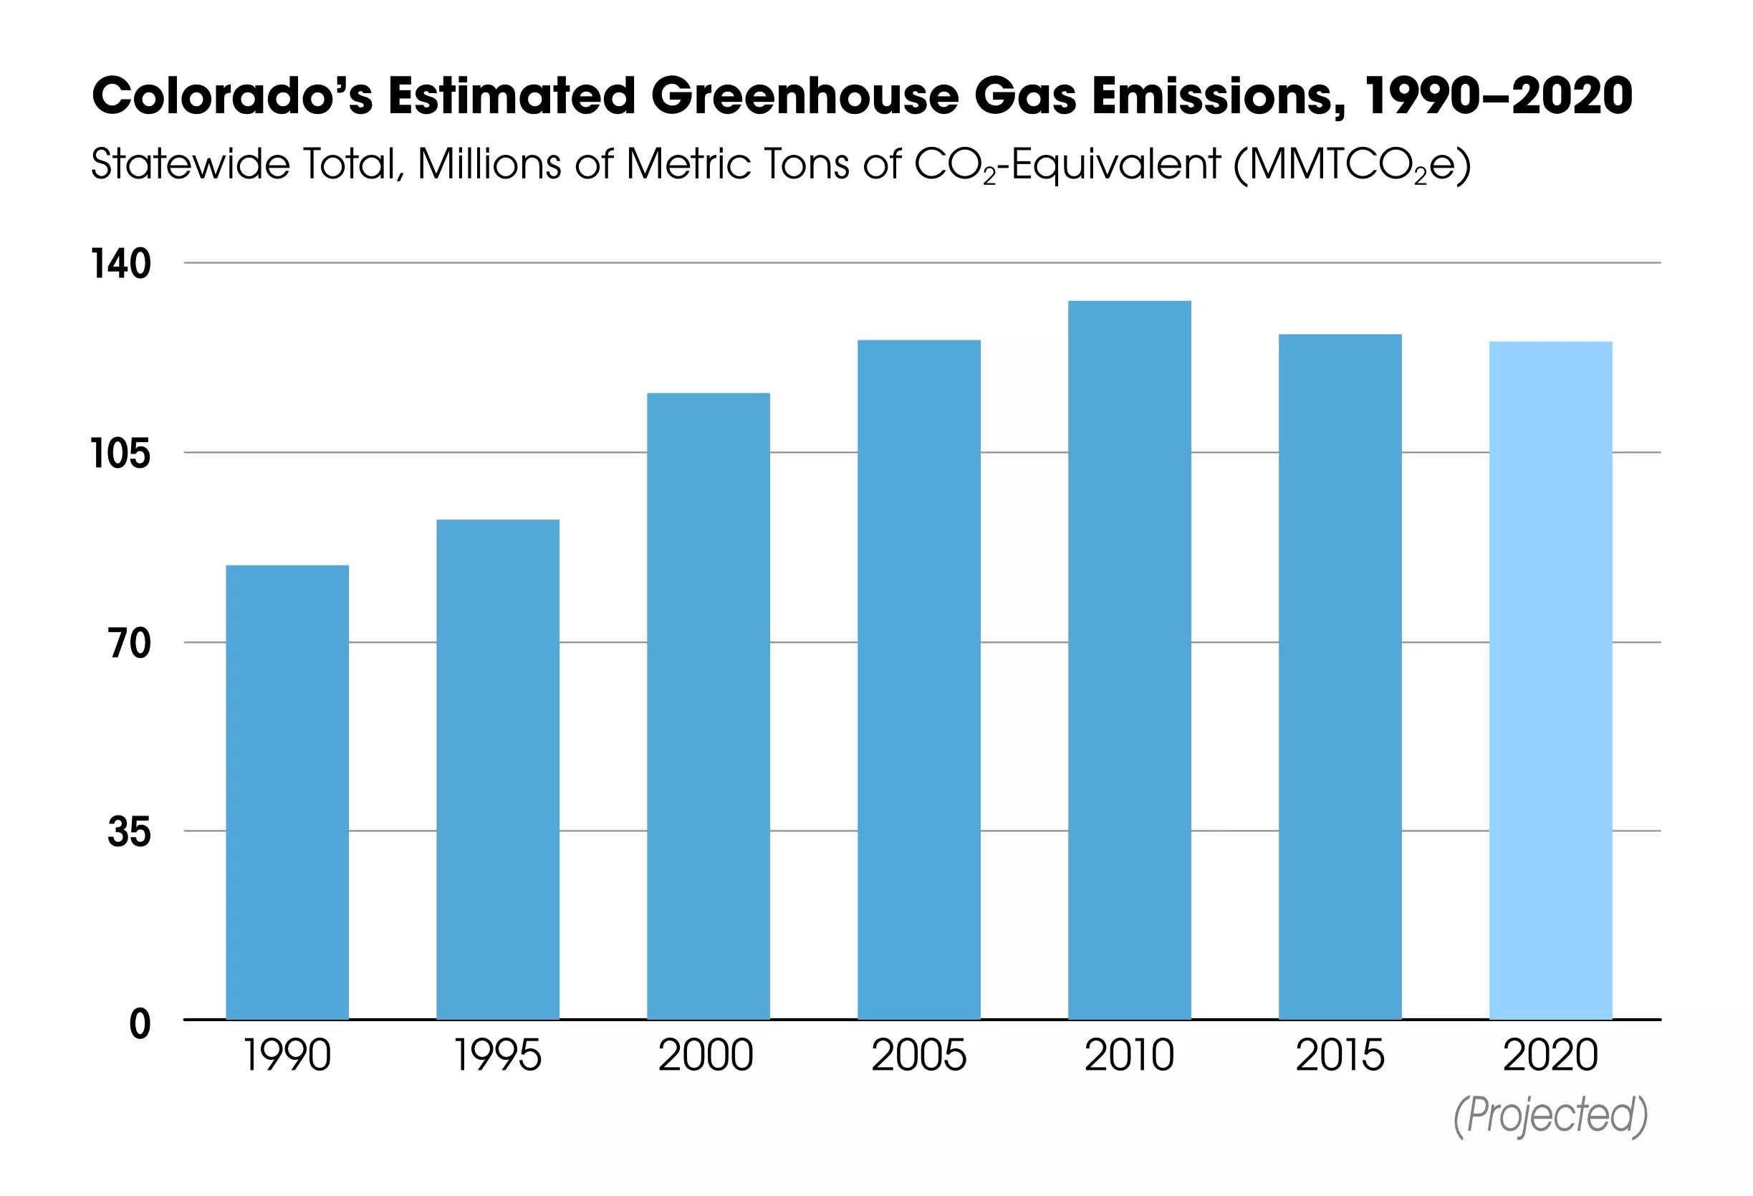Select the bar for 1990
pos(287,793)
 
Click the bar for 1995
pos(498,770)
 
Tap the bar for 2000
pos(709,707)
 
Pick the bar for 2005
pos(918,680)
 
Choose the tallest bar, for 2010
pos(1129,660)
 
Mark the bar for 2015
pos(1340,677)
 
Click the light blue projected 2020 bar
pos(1550,681)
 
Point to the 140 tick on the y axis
pos(120,264)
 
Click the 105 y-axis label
pos(120,454)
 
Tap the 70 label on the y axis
pos(129,644)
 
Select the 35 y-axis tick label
pos(129,832)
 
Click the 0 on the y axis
pos(140,1024)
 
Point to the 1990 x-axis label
pos(287,1055)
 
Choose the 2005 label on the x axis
pos(918,1055)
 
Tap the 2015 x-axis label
pos(1340,1055)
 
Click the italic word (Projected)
pos(1550,1115)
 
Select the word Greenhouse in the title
pos(804,97)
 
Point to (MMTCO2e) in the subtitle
pos(1351,165)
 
